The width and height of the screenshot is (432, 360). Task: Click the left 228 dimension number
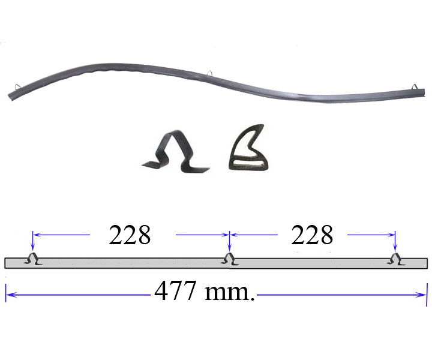130,235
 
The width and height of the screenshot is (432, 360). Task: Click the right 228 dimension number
312,235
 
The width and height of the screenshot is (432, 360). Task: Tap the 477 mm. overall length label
204,292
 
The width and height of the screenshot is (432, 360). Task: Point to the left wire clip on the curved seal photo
17,87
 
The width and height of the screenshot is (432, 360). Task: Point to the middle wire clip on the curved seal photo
210,73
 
